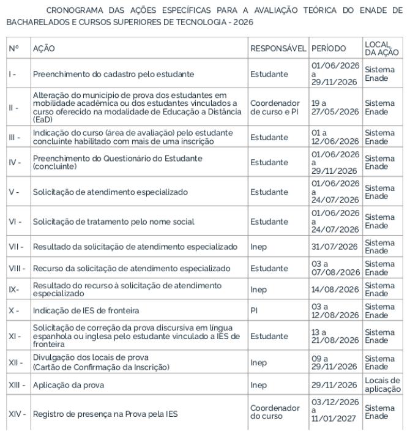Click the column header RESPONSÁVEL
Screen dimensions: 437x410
click(x=278, y=48)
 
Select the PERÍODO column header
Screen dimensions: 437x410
click(x=328, y=48)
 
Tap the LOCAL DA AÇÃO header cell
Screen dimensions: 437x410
click(x=381, y=48)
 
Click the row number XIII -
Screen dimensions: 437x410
click(x=17, y=385)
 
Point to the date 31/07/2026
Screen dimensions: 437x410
click(x=334, y=247)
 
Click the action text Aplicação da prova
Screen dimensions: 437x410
click(x=69, y=385)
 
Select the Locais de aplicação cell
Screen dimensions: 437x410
click(x=382, y=385)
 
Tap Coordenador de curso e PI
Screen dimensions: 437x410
click(x=275, y=108)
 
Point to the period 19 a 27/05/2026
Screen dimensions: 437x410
click(x=334, y=108)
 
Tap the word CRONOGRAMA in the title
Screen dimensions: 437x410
click(x=73, y=10)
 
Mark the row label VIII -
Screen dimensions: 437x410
click(x=17, y=268)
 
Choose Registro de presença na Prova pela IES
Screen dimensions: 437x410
click(x=105, y=414)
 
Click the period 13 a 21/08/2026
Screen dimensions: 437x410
click(x=334, y=335)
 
